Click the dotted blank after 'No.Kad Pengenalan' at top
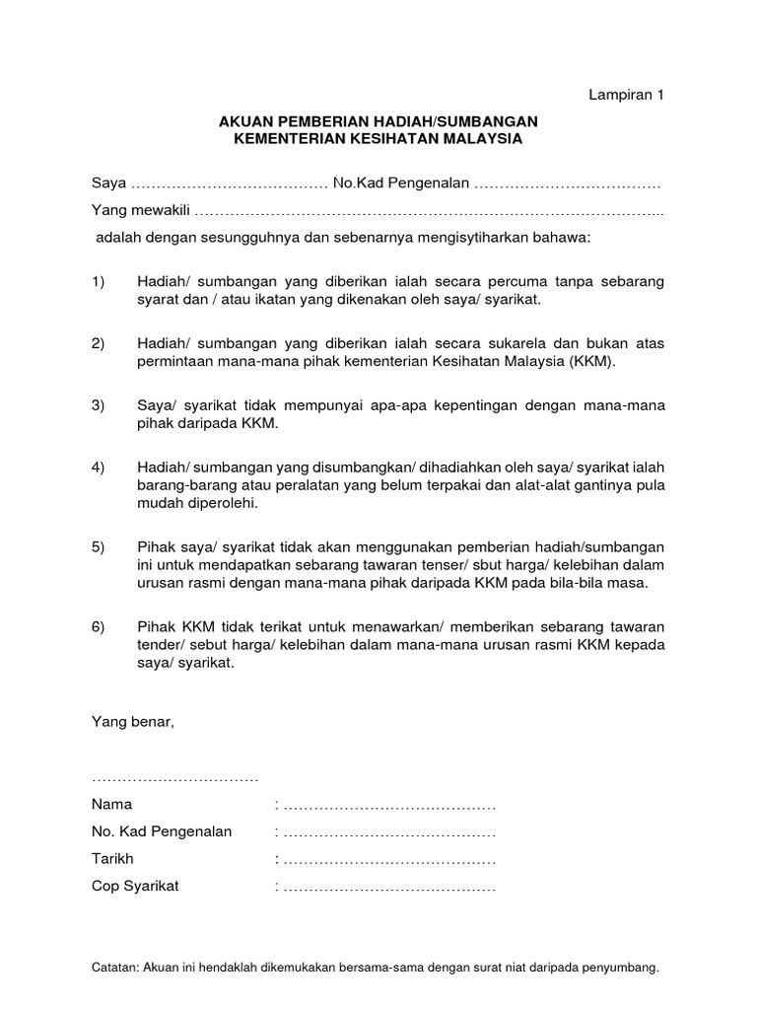(568, 184)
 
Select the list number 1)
(98, 282)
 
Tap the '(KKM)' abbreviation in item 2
(590, 361)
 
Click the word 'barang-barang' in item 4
(179, 485)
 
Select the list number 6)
(98, 627)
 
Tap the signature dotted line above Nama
(174, 778)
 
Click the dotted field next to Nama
(388, 805)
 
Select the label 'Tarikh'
(112, 858)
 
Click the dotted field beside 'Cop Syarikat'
(388, 886)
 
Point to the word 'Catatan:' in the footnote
(114, 968)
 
